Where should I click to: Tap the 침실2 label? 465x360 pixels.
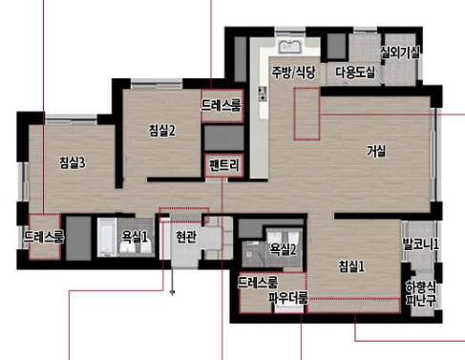[x=162, y=131]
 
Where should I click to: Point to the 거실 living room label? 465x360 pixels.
[x=376, y=151]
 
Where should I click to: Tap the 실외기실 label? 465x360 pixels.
[x=400, y=52]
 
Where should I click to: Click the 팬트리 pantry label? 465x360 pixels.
[x=225, y=164]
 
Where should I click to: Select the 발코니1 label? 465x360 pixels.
[x=420, y=244]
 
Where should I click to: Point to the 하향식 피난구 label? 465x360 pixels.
[x=420, y=292]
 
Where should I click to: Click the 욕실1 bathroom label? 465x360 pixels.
[x=135, y=236]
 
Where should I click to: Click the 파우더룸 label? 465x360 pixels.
[x=287, y=300]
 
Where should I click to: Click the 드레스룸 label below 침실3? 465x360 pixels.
[x=44, y=236]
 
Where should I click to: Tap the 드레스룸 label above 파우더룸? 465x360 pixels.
[x=258, y=283]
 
